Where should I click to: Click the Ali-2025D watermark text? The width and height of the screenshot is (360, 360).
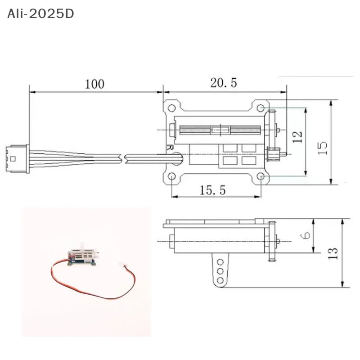(40, 14)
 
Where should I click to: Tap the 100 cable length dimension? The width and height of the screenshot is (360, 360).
(94, 84)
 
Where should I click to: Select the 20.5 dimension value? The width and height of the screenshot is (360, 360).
(223, 83)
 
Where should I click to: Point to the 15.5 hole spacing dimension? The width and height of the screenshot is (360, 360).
(212, 190)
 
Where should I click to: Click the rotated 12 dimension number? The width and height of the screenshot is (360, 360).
(297, 137)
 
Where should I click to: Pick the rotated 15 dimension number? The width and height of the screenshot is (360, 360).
(322, 148)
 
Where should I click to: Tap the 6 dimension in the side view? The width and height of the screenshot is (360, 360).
(306, 235)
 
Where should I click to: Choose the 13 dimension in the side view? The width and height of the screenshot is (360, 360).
(333, 254)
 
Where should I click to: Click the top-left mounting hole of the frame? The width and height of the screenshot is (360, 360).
(171, 108)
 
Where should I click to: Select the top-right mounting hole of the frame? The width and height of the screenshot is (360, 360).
(261, 108)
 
